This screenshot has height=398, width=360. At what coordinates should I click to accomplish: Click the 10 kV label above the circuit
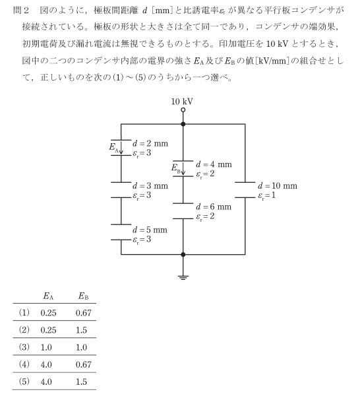182,102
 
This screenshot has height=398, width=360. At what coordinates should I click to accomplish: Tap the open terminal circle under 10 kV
183,110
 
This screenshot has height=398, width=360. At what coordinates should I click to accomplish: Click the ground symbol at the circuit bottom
183,277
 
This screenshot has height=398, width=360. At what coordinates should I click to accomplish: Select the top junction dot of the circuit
183,124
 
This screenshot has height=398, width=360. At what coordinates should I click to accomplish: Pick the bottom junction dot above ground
183,254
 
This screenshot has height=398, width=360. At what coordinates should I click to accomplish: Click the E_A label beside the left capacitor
114,147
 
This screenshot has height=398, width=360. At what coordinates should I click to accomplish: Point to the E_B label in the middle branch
176,168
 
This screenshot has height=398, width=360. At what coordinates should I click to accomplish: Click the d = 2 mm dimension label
150,143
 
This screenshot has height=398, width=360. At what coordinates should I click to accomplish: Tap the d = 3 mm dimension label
150,186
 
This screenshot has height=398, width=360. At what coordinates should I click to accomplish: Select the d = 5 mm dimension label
150,230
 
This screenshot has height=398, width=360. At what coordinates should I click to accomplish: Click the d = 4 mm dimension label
214,164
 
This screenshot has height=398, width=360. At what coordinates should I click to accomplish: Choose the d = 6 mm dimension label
214,207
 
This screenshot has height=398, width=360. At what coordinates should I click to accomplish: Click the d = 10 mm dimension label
278,186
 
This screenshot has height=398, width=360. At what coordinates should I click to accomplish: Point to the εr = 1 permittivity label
267,196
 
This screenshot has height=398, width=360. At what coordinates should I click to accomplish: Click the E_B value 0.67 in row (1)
84,313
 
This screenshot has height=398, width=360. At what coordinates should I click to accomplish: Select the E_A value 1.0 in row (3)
46,347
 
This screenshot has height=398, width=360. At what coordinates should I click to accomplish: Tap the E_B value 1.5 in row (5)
81,382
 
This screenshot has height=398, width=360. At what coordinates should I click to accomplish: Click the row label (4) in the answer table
24,365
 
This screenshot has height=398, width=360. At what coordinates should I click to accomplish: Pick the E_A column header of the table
48,296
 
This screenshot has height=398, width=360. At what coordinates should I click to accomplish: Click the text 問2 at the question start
21,11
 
